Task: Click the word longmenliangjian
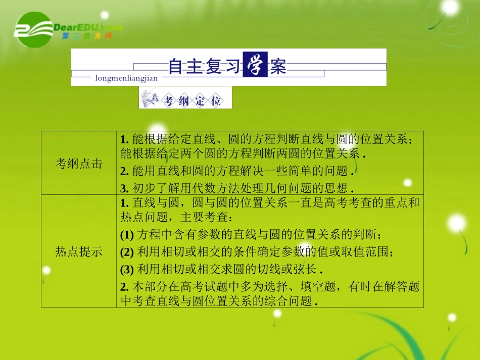pyautogui.click(x=126, y=78)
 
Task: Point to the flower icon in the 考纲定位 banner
pyautogui.click(x=151, y=97)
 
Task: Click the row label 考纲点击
pyautogui.click(x=79, y=164)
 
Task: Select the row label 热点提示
pyautogui.click(x=79, y=251)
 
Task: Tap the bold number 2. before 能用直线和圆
pyautogui.click(x=125, y=171)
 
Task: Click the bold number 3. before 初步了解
pyautogui.click(x=125, y=188)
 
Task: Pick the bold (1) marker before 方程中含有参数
pyautogui.click(x=127, y=235)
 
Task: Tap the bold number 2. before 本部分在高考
pyautogui.click(x=125, y=286)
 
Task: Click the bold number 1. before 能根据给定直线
pyautogui.click(x=125, y=140)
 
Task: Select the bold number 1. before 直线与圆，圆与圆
pyautogui.click(x=125, y=203)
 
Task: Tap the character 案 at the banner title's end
pyautogui.click(x=278, y=66)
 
